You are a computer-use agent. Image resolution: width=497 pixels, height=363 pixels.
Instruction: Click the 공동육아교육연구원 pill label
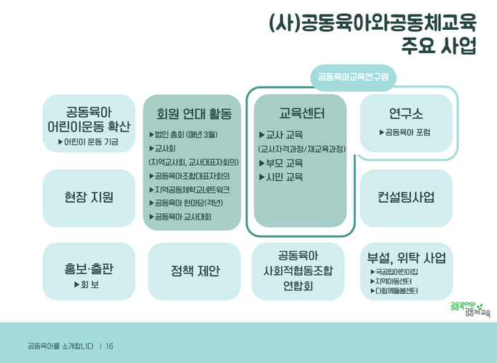(353, 77)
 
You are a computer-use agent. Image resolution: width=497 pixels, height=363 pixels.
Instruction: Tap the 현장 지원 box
(89, 199)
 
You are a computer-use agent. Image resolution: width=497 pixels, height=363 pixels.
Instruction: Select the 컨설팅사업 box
(406, 199)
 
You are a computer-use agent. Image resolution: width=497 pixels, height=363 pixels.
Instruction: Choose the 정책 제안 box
(194, 271)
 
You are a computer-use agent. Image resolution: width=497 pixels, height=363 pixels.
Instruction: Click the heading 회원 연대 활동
(194, 113)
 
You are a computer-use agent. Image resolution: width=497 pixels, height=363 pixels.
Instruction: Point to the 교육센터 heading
(301, 113)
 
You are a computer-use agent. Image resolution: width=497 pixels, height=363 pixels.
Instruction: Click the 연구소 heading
(406, 113)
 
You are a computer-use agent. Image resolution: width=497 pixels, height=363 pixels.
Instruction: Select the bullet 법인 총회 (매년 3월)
(183, 135)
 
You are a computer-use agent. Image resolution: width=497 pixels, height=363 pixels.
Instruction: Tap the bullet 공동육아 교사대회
(180, 217)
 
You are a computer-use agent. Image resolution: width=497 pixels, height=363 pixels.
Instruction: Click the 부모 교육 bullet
(281, 163)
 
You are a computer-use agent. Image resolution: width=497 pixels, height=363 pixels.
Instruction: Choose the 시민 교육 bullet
(281, 177)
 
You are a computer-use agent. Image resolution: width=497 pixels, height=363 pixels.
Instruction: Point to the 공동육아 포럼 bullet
(405, 132)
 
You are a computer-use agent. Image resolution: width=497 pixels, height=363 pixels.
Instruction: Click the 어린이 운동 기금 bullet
(88, 142)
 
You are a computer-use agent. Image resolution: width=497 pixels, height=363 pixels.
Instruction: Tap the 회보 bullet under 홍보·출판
(87, 284)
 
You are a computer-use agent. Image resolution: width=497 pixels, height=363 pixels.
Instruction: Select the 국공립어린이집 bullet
(394, 272)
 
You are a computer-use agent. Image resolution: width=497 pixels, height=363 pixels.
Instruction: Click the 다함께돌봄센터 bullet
(394, 291)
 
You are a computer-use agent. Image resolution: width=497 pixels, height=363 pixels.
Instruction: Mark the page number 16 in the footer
(109, 346)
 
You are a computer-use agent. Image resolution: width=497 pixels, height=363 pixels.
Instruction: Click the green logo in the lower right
(470, 309)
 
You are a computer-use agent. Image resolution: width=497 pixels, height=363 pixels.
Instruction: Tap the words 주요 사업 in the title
(439, 46)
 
